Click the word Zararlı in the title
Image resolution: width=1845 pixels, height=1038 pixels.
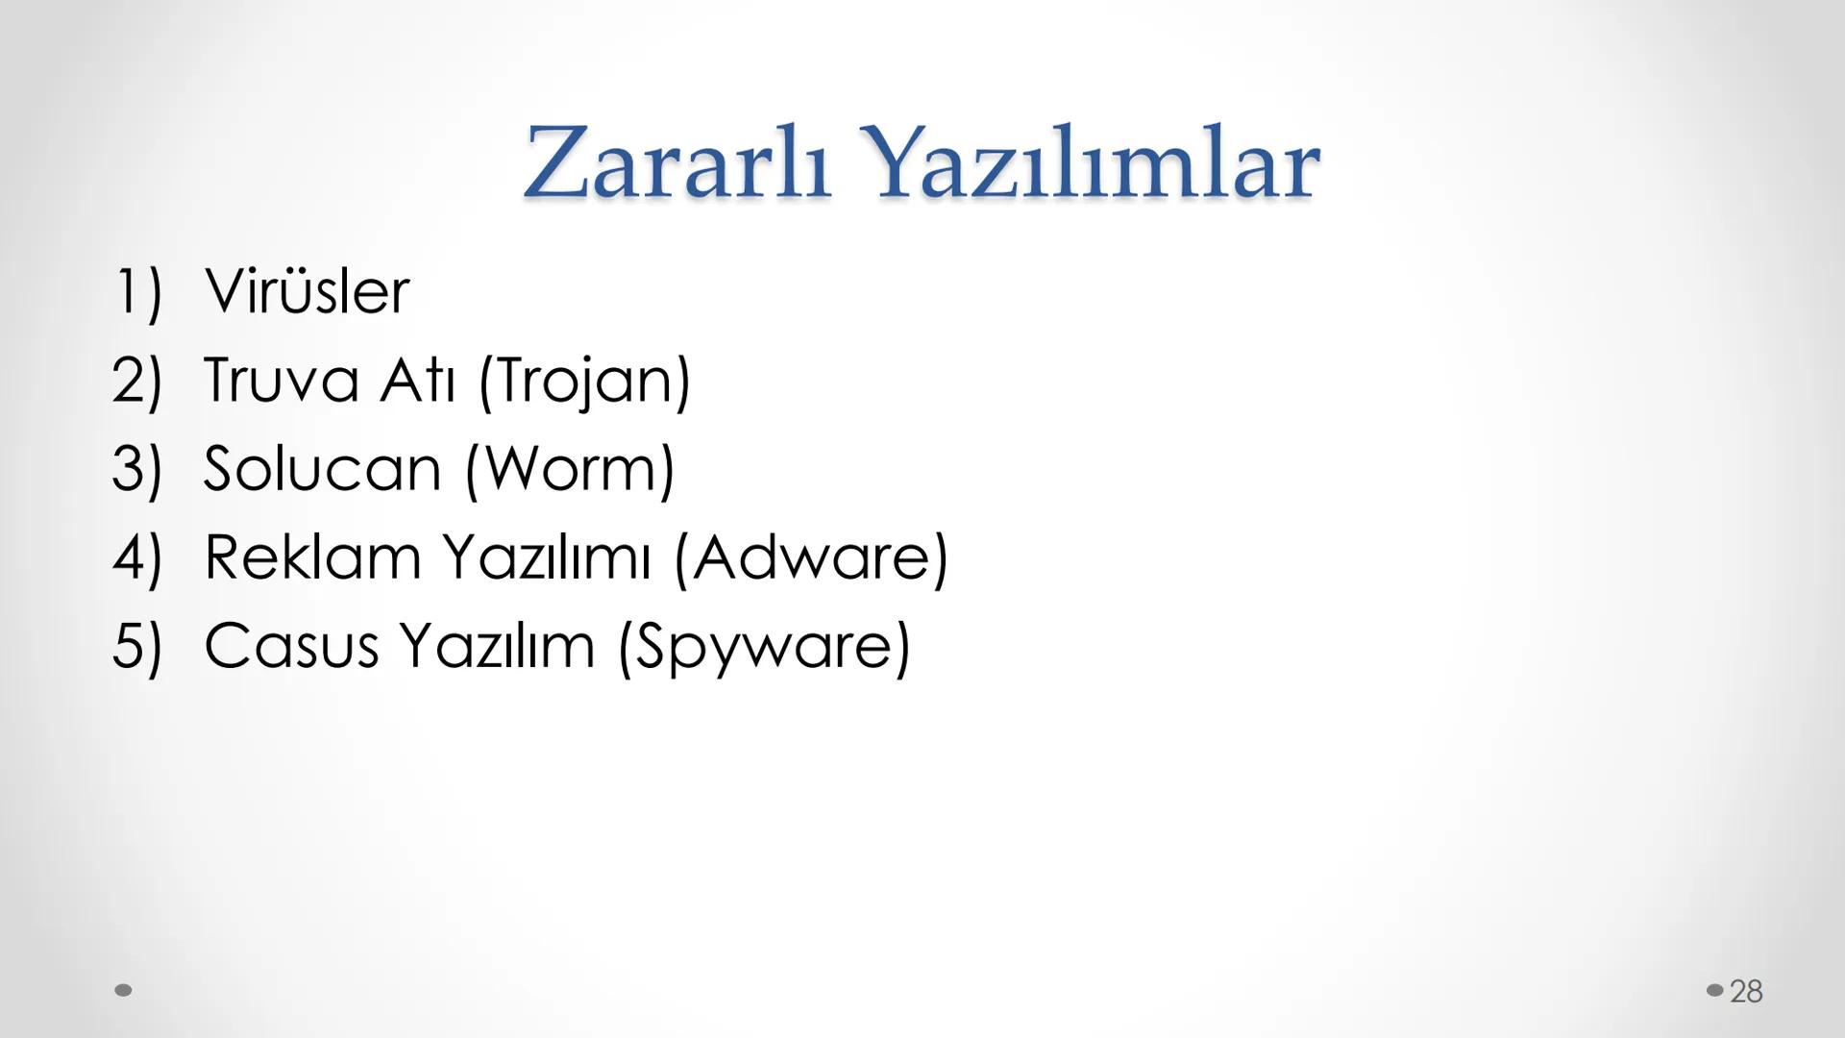coord(676,163)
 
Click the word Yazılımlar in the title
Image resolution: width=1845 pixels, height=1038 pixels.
coord(1098,163)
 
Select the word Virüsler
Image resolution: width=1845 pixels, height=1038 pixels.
coord(307,291)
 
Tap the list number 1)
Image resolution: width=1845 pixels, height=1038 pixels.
coord(137,291)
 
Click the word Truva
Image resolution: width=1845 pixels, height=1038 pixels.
coord(281,380)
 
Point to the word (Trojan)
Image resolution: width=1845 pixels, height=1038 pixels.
coord(584,382)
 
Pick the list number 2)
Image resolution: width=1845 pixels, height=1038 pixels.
coord(137,380)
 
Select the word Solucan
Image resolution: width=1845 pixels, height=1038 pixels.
coord(322,469)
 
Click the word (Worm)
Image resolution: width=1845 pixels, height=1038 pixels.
coord(570,470)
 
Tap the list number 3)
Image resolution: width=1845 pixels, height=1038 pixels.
coord(137,469)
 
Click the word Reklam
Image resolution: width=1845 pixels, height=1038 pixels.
coord(312,557)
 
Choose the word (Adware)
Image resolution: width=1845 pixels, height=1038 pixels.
coord(811,557)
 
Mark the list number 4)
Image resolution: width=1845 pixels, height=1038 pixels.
coord(137,557)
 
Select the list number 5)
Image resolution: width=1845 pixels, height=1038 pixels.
coord(137,646)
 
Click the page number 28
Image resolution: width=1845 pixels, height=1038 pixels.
coord(1746,991)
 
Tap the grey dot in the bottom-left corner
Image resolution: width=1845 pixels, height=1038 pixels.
coord(123,990)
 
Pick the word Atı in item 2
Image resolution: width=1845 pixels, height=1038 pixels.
coord(416,380)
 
